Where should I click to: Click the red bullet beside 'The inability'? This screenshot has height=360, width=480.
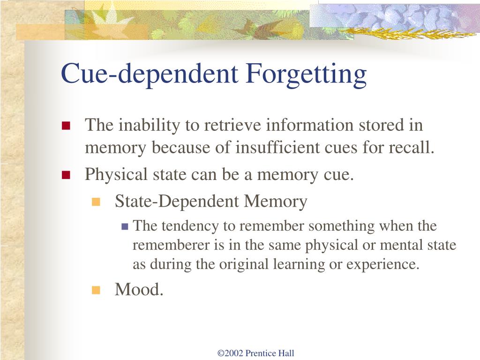tap(66, 126)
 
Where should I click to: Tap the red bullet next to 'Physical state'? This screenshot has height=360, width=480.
tap(66, 175)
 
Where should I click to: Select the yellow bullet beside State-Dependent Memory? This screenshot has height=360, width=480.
tap(96, 202)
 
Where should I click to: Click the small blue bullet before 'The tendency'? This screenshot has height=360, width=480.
tap(125, 226)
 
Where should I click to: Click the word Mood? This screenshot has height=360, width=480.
tap(139, 290)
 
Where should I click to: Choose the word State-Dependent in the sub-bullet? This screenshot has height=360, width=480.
tap(177, 202)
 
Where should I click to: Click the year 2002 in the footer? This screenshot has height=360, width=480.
tap(234, 353)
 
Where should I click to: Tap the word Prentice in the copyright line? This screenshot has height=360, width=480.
tap(260, 353)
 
